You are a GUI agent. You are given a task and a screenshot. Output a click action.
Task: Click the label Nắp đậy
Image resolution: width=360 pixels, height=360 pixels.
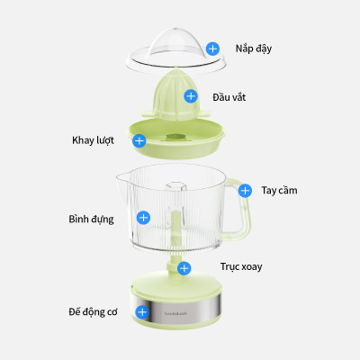tap(254, 48)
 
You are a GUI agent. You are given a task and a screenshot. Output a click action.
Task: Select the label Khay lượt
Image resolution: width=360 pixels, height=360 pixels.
tap(94, 140)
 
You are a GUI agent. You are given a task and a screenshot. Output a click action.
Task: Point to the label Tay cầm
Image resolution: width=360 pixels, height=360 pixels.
tap(279, 191)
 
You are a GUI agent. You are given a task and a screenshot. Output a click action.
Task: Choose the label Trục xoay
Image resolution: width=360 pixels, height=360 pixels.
tap(240, 267)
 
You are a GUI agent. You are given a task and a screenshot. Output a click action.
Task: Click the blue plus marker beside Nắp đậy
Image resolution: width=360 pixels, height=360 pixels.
tap(212, 49)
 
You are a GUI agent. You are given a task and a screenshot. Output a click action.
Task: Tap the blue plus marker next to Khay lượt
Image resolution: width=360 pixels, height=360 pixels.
tap(139, 140)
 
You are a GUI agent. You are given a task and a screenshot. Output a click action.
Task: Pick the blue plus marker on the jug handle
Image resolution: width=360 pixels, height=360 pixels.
tap(244, 190)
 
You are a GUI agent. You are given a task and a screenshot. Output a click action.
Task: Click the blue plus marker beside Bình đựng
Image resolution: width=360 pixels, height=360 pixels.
tap(142, 218)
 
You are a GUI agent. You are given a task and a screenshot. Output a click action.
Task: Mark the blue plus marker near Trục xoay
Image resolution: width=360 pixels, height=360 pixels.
tap(184, 267)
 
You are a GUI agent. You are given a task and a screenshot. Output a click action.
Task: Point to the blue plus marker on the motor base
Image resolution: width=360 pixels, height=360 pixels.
tap(141, 311)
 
